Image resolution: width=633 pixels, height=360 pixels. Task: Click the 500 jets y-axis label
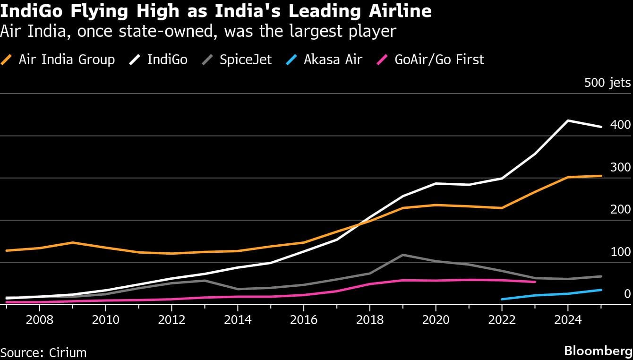point(607,83)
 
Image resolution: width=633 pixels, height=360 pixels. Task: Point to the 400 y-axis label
point(620,125)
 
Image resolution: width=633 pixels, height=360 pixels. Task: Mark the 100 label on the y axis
point(620,252)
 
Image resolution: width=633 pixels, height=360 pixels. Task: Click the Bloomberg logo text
point(598,351)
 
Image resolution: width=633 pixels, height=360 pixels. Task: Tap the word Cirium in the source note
point(67,352)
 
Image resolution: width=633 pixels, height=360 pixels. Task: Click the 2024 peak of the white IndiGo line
point(568,120)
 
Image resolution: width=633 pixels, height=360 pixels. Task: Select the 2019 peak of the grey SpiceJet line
point(402,255)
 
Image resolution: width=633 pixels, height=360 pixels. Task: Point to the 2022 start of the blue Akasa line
point(502,299)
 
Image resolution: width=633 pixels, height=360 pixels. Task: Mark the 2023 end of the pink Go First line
point(535,282)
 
